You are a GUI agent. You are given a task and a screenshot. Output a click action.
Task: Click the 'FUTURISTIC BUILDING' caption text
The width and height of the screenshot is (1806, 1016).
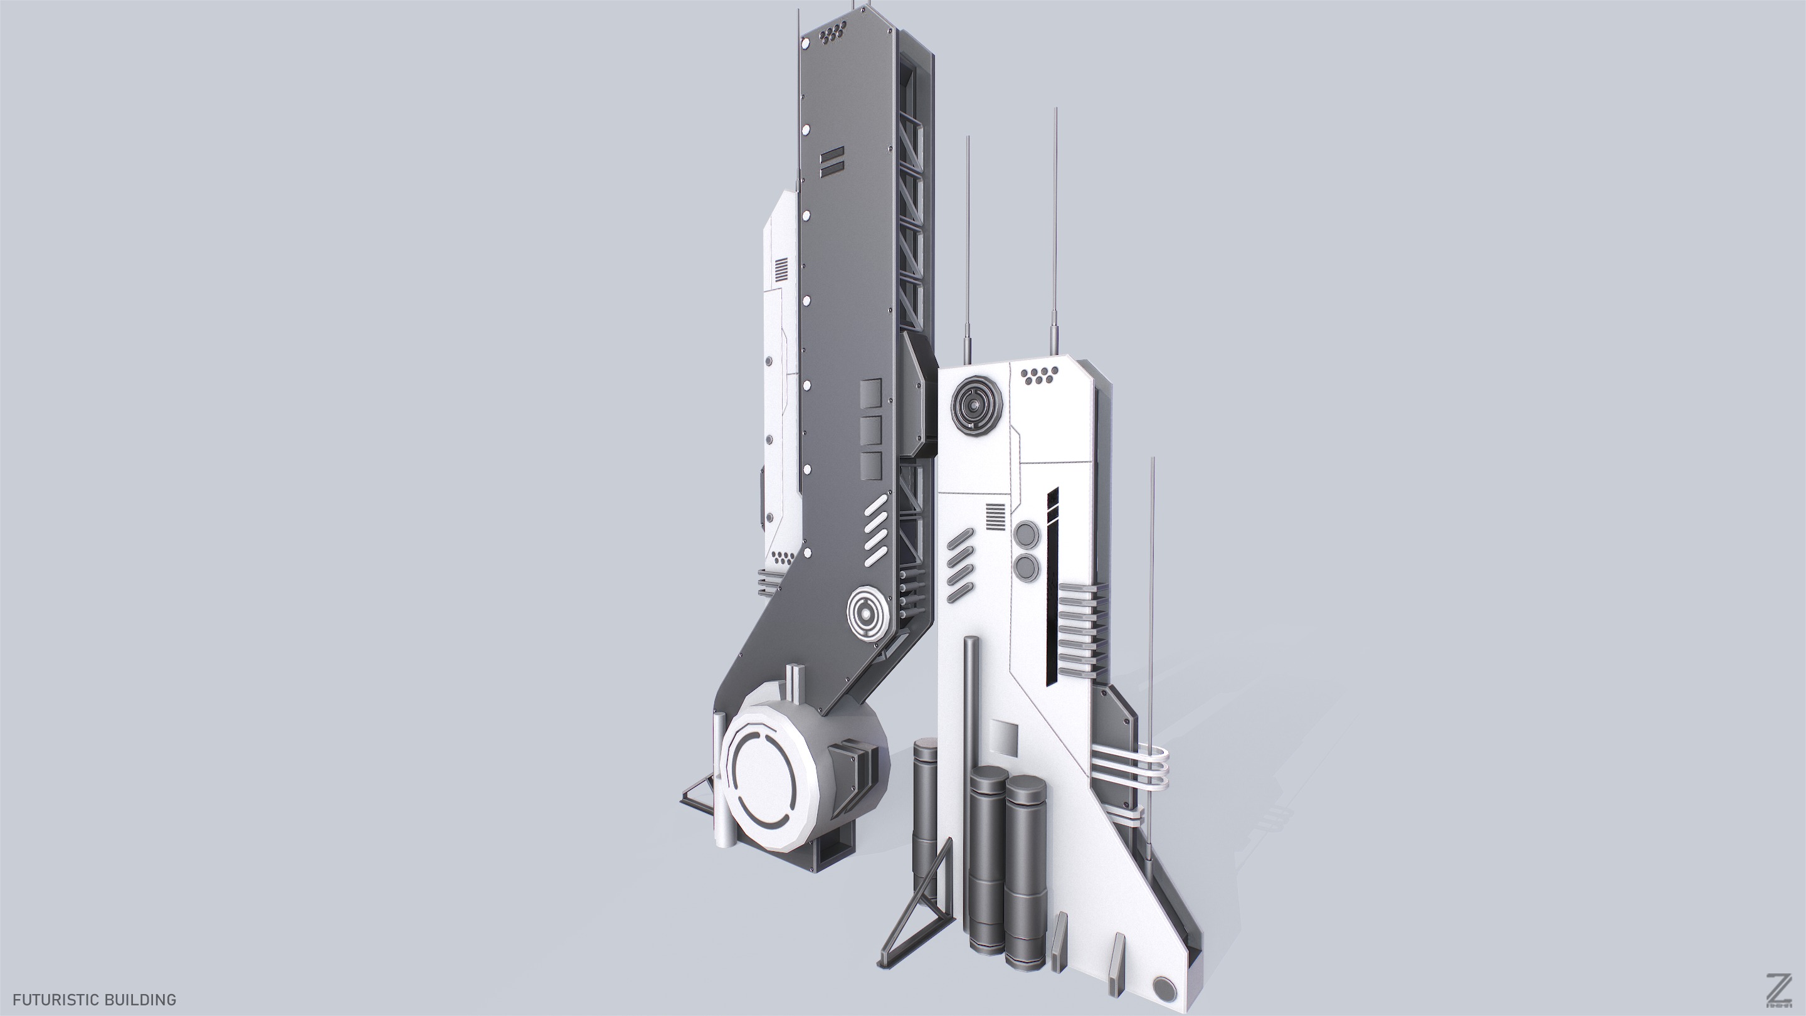tap(94, 999)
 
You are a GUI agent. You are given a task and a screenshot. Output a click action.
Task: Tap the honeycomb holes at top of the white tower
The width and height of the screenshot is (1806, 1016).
tap(1040, 375)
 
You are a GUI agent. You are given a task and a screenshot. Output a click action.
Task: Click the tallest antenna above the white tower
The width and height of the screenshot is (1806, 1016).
tap(1055, 225)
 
